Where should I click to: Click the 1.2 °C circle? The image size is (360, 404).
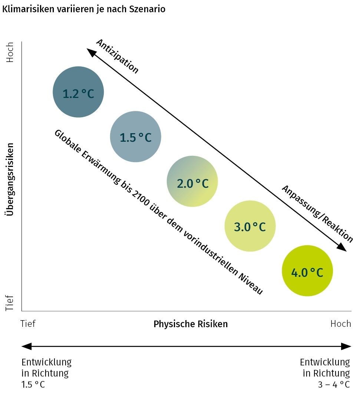(78, 92)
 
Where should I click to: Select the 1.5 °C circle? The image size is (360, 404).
(136, 137)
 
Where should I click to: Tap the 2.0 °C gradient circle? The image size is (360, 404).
(192, 182)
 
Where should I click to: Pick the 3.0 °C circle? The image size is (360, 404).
(250, 226)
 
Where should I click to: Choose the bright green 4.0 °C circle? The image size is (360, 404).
(307, 271)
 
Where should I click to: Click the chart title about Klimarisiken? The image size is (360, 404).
(84, 9)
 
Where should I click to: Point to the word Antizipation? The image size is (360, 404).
(117, 56)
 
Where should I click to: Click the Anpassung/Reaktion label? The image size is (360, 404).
(317, 213)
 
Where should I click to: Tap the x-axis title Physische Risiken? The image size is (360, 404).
(191, 324)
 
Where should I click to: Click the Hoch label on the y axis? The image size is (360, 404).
(10, 52)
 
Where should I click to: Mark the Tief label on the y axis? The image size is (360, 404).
(10, 303)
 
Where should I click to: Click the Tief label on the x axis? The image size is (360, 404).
(29, 324)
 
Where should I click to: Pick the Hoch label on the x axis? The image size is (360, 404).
(340, 324)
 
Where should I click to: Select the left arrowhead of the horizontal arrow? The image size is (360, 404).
(26, 346)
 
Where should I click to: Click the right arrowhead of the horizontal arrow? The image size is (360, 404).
(346, 346)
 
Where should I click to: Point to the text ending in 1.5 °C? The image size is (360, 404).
(46, 373)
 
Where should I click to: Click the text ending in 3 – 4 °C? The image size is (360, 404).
(325, 373)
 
